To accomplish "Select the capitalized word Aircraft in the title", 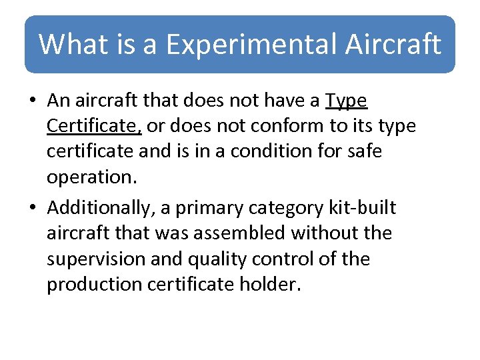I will pyautogui.click(x=393, y=45).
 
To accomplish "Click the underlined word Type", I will pyautogui.click(x=346, y=101).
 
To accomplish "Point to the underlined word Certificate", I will pyautogui.click(x=93, y=126).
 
